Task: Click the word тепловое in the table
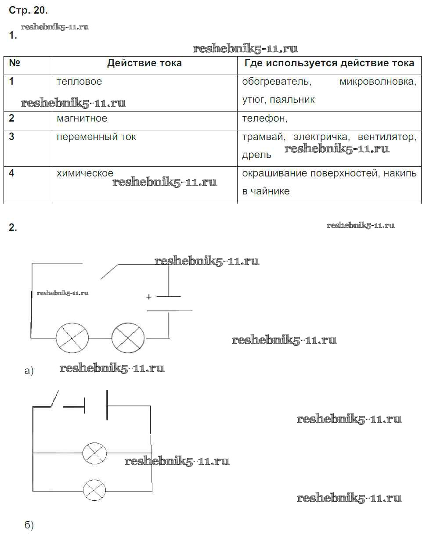click(x=79, y=82)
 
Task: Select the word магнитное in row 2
click(x=82, y=118)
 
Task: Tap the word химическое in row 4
click(x=85, y=173)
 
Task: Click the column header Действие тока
click(x=144, y=63)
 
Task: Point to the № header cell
click(x=14, y=63)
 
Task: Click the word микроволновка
click(x=378, y=82)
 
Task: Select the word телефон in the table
click(x=264, y=118)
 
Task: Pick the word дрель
click(x=256, y=155)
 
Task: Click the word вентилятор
click(x=386, y=137)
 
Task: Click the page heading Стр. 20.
click(x=28, y=10)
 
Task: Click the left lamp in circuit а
click(x=72, y=338)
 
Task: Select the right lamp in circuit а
click(x=128, y=338)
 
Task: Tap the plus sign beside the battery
click(x=148, y=297)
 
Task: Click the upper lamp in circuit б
click(x=95, y=453)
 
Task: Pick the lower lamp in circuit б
click(x=94, y=490)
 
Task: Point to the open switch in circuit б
click(x=55, y=399)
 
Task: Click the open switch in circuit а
click(x=109, y=271)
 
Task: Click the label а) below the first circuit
click(x=29, y=371)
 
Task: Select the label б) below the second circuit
click(x=29, y=525)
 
